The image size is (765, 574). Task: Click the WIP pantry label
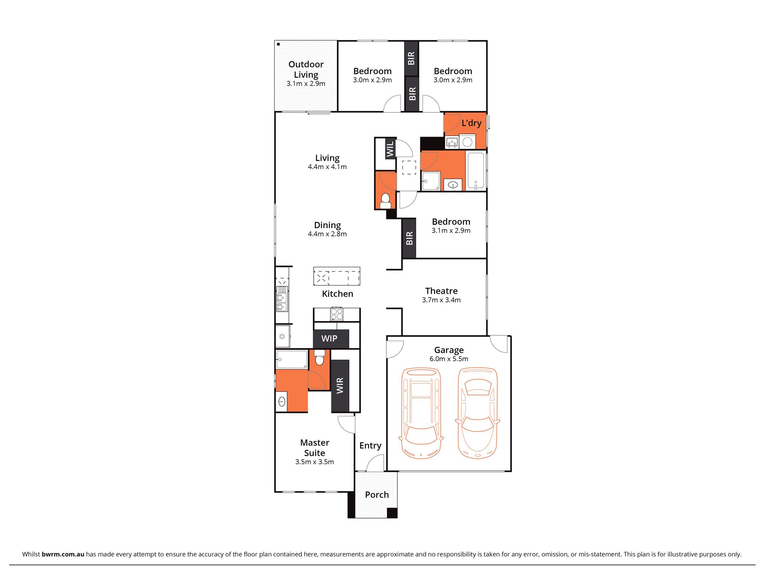[x=329, y=339]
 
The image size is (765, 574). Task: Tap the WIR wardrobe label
[x=340, y=385]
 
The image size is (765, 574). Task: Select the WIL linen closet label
[x=390, y=149]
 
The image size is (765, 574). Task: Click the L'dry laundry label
[x=471, y=123]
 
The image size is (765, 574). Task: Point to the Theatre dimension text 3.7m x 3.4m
[x=441, y=300]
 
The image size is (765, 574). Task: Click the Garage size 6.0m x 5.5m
[x=449, y=359]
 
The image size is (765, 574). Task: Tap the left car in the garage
[x=421, y=413]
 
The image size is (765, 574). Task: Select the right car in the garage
[x=477, y=413]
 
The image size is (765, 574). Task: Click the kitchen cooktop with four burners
[x=337, y=314]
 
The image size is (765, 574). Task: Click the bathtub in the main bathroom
[x=475, y=171]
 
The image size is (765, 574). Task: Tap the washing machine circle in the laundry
[x=467, y=142]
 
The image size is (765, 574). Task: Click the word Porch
[x=377, y=495]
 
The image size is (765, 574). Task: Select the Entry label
[x=370, y=446]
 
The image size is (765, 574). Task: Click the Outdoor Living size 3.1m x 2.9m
[x=306, y=84]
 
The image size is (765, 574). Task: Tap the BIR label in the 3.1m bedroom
[x=409, y=238]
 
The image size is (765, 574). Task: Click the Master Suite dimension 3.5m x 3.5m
[x=314, y=462]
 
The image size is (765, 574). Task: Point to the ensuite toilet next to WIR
[x=320, y=358]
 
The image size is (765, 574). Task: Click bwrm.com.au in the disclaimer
[x=63, y=554]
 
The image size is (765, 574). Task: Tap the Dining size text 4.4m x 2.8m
[x=327, y=234]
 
